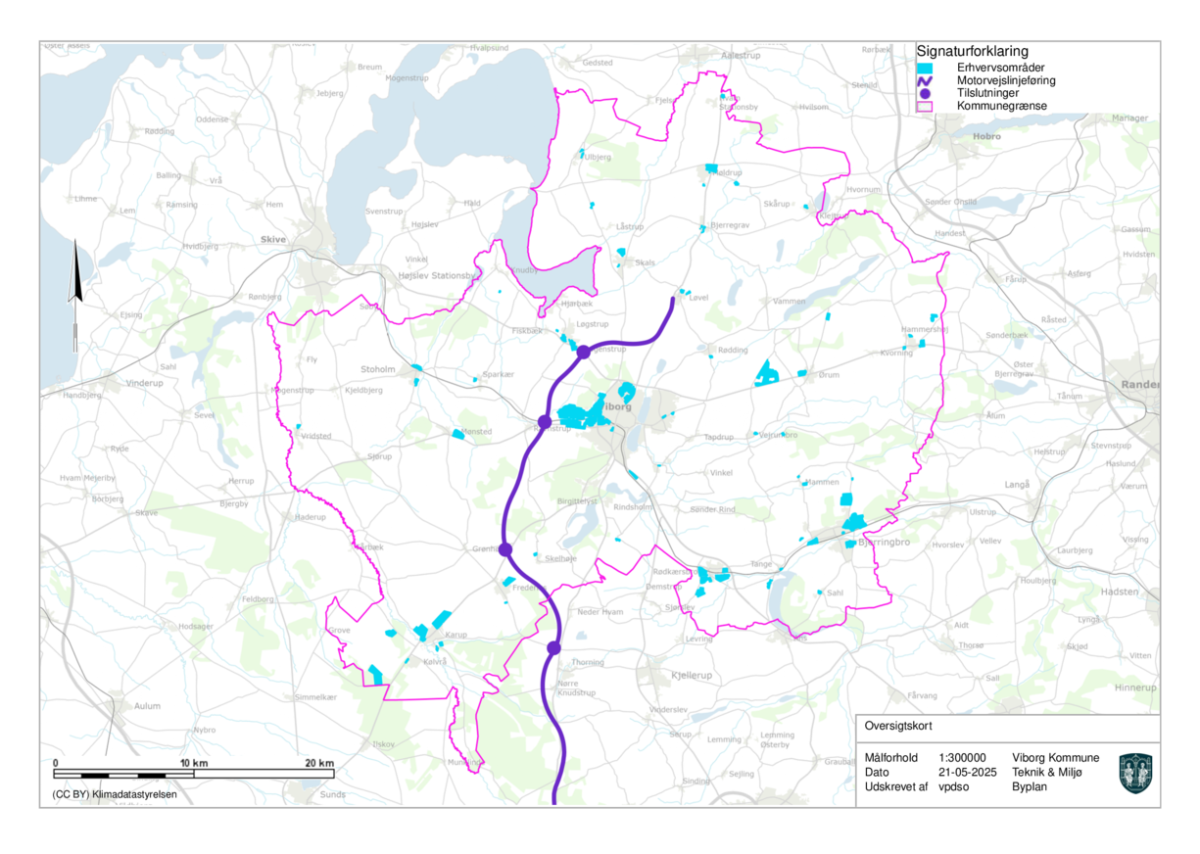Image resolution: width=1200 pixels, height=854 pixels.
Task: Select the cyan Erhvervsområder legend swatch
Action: tap(924, 68)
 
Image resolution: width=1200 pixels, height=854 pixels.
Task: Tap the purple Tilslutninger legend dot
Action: tap(924, 93)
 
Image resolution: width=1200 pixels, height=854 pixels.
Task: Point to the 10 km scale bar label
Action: tap(194, 763)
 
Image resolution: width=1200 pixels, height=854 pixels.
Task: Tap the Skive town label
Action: tap(272, 239)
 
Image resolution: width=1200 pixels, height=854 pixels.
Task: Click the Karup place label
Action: tap(456, 635)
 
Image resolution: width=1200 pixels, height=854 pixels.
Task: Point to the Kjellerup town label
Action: tap(670, 677)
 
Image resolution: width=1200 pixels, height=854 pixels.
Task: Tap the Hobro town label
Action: tap(986, 137)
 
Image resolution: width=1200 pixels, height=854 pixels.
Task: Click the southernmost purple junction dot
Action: tap(553, 647)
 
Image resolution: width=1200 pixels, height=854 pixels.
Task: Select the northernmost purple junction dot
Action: tap(583, 352)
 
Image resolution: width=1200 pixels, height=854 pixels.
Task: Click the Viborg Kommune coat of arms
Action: tap(1135, 773)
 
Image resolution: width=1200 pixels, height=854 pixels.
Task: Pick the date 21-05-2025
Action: tap(966, 772)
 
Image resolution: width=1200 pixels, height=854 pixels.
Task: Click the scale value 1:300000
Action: tap(962, 758)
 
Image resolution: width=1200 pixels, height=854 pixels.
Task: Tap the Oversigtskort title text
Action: tap(898, 727)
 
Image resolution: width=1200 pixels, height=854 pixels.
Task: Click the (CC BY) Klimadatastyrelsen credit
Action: tap(108, 794)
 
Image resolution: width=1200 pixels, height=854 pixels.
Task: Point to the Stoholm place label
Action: tap(378, 370)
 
